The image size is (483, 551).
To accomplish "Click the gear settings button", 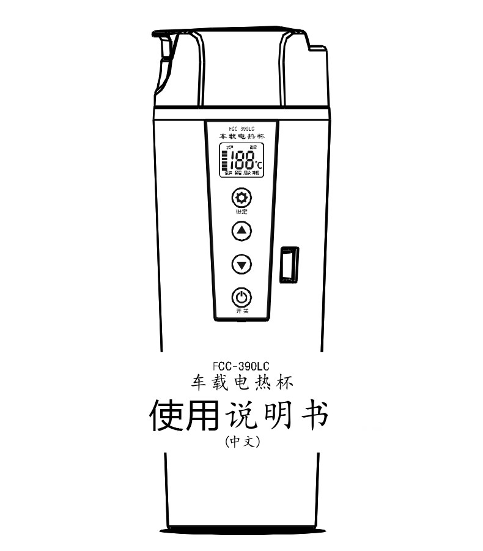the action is click(242, 198).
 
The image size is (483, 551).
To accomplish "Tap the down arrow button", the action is click(242, 264).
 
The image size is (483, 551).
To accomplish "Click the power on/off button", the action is click(242, 298).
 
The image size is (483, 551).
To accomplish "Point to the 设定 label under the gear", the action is click(242, 212).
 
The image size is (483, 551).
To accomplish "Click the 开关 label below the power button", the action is click(242, 311).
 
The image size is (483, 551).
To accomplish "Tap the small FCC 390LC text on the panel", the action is click(242, 129).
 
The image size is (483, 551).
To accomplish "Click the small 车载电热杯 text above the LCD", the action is click(242, 136).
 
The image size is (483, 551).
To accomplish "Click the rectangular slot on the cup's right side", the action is click(289, 264).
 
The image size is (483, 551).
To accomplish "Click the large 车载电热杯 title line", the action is click(242, 383).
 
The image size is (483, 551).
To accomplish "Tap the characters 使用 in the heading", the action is click(184, 416).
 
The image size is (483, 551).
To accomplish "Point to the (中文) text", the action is click(242, 441).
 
